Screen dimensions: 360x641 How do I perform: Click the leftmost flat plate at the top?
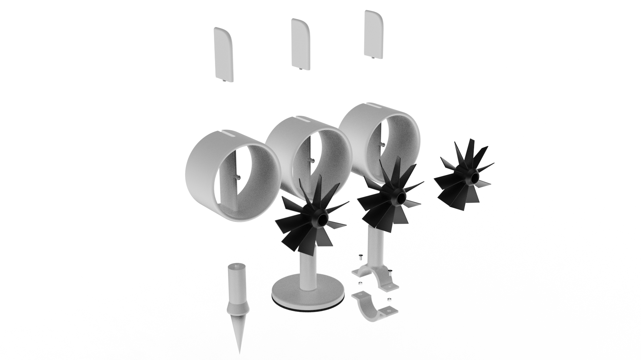pos(223,54)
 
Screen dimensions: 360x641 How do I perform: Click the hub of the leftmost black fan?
pos(322,219)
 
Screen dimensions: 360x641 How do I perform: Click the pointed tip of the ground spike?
pos(239,351)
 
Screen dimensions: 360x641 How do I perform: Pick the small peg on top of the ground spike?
pos(237,266)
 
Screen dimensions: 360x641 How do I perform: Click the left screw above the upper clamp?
pos(361,257)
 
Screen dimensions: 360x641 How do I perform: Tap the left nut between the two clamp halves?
pos(360,284)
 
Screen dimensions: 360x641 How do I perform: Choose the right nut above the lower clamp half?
pos(389,298)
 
